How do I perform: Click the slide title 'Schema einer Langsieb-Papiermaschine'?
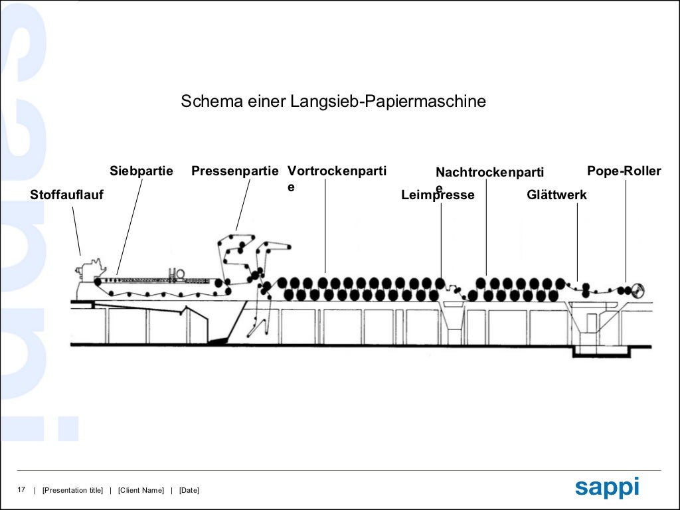pyautogui.click(x=333, y=102)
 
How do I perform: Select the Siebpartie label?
pyautogui.click(x=141, y=171)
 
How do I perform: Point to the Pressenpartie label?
pyautogui.click(x=235, y=171)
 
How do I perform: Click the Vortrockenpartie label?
pyautogui.click(x=337, y=171)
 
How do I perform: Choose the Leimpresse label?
pyautogui.click(x=438, y=195)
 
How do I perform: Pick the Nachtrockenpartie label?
pyautogui.click(x=489, y=173)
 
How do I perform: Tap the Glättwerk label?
pyautogui.click(x=556, y=195)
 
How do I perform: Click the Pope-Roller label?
pyautogui.click(x=624, y=171)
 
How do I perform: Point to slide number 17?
pyautogui.click(x=21, y=490)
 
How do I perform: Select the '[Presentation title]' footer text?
pyautogui.click(x=72, y=491)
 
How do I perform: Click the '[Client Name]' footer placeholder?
pyautogui.click(x=141, y=491)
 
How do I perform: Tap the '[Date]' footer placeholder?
pyautogui.click(x=189, y=491)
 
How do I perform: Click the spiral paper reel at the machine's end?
pyautogui.click(x=638, y=290)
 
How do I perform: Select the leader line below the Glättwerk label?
pyautogui.click(x=577, y=239)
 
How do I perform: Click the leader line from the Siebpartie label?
pyautogui.click(x=130, y=226)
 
